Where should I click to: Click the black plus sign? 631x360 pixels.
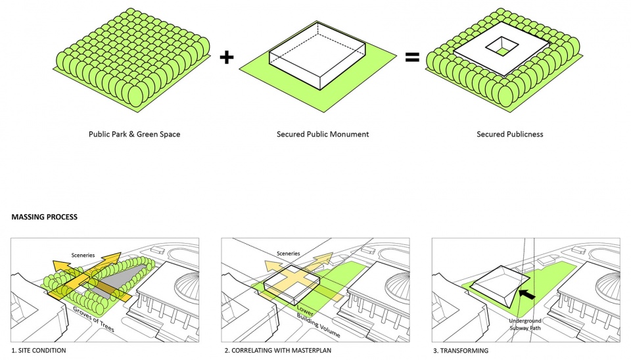(x=226, y=58)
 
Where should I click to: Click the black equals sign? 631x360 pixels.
(x=411, y=58)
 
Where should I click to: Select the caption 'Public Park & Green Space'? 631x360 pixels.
(x=134, y=134)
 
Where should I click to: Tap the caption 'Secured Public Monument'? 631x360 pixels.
(x=323, y=134)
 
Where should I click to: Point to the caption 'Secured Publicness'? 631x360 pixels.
(x=509, y=134)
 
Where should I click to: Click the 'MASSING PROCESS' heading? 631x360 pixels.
(x=43, y=216)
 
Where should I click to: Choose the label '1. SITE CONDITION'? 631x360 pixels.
(x=39, y=351)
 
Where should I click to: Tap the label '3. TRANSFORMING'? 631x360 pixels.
(x=460, y=351)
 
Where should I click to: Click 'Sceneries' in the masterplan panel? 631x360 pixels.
(x=288, y=253)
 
